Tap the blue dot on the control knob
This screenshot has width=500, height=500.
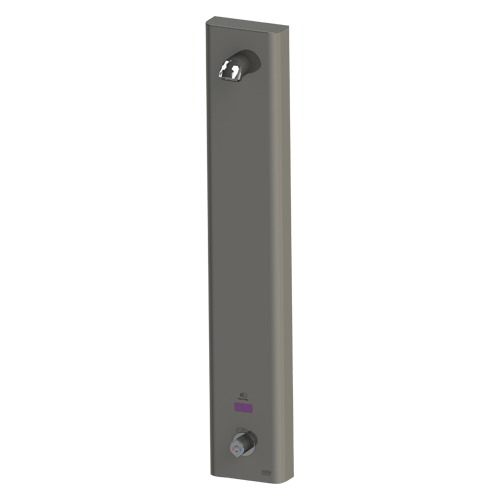coord(241,448)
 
